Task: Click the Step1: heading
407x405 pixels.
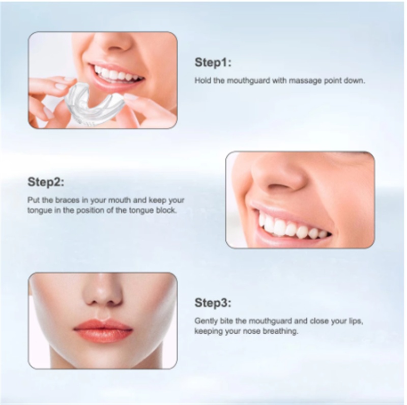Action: (x=213, y=63)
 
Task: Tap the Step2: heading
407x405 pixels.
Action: (x=46, y=182)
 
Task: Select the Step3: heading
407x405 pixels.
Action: (x=213, y=303)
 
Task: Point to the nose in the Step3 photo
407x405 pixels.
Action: (x=103, y=295)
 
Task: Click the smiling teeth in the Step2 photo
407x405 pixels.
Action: (x=294, y=226)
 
